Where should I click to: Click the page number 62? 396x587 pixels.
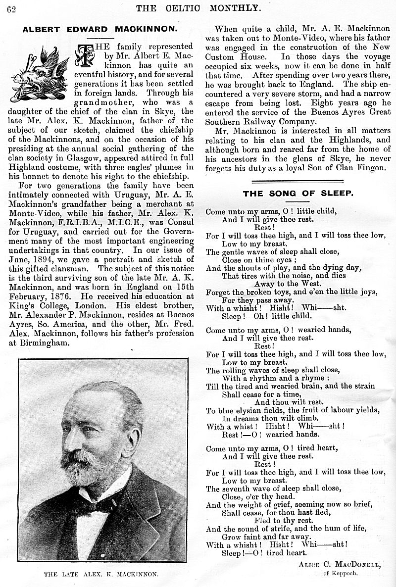(x=11, y=8)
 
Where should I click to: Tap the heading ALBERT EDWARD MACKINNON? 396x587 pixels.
(x=100, y=29)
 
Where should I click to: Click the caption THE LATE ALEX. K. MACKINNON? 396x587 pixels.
(x=101, y=574)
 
